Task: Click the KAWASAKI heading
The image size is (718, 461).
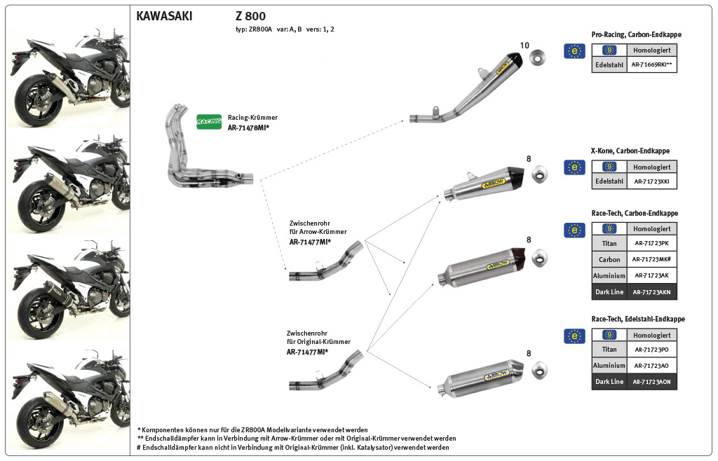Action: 163,15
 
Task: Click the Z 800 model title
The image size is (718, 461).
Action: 250,15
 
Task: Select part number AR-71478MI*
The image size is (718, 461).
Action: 248,128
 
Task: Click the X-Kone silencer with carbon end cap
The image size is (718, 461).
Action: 483,185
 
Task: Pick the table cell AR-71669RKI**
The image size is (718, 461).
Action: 652,65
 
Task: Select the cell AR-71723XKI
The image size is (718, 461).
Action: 652,181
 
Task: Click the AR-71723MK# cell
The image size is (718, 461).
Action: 652,259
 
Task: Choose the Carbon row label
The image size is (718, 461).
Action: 609,259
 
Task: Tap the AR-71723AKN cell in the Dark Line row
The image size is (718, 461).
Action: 652,292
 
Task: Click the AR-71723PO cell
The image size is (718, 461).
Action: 652,350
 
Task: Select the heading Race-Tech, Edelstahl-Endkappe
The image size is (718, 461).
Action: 638,319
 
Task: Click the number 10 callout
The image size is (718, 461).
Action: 524,46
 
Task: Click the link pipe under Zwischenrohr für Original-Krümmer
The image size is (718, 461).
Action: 326,375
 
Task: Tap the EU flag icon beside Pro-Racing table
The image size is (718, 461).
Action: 574,50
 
